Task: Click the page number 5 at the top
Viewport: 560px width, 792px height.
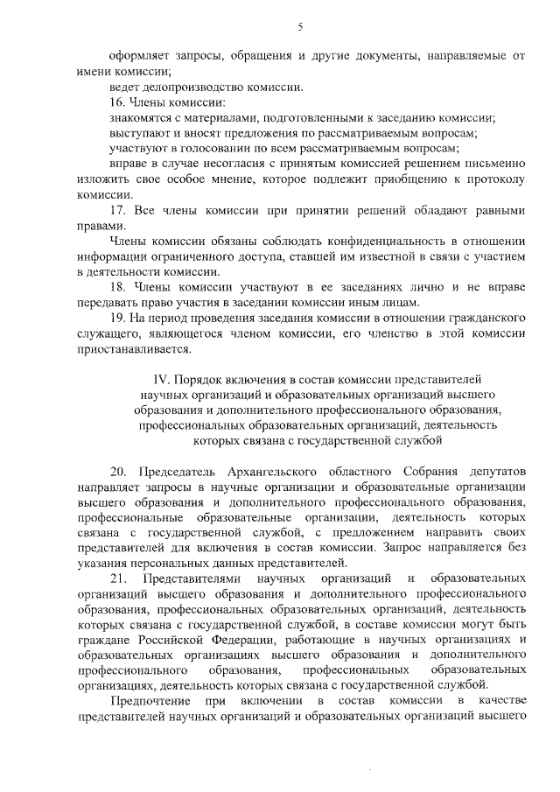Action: (300, 27)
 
